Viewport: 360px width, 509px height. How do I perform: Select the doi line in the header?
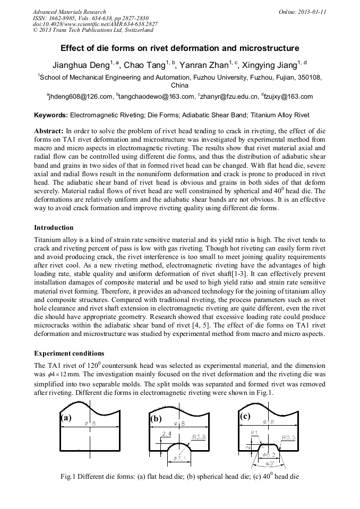point(95,24)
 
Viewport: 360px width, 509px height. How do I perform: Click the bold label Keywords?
point(51,115)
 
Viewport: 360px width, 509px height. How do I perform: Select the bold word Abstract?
point(48,131)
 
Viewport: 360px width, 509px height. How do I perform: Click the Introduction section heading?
point(54,228)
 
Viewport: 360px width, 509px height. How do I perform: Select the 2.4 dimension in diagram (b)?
point(166,434)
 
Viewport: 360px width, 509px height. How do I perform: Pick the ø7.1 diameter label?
point(179,457)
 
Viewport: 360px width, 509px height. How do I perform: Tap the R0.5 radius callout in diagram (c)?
point(289,438)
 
